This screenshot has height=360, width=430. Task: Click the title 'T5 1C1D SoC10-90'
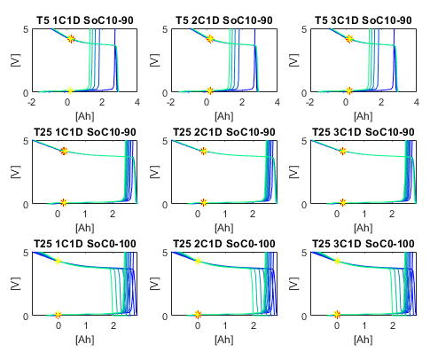tap(85, 20)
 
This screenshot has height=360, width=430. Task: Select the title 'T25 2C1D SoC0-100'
tap(224, 244)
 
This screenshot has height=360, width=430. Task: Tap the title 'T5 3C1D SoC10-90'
tap(364, 20)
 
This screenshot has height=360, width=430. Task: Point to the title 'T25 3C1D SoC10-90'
tap(364, 132)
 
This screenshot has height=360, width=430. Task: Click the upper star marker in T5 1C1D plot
tap(71, 39)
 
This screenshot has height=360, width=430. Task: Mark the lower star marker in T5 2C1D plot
tap(210, 90)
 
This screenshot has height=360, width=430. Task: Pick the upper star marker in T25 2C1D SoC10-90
tap(204, 151)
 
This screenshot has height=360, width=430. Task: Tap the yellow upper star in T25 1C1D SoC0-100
tap(58, 261)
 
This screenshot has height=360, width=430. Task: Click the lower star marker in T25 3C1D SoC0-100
tap(337, 315)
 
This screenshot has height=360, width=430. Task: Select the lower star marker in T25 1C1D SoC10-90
tap(64, 202)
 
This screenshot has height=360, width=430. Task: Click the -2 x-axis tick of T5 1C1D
tap(31, 102)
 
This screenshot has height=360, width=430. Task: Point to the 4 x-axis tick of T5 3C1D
tap(417, 102)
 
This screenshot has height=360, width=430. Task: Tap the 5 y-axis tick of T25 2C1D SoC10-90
tap(165, 141)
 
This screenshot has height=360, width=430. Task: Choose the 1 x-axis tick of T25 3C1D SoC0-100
tap(364, 325)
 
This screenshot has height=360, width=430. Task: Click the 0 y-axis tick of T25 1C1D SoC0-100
tap(26, 317)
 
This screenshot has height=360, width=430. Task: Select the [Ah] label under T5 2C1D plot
tap(224, 116)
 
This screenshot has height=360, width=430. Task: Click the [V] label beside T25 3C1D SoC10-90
tap(293, 172)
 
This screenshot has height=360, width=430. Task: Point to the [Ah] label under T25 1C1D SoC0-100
tap(85, 340)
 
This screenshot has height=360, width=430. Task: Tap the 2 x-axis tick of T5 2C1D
tap(242, 102)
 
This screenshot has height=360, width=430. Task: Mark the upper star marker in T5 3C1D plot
tap(349, 39)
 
